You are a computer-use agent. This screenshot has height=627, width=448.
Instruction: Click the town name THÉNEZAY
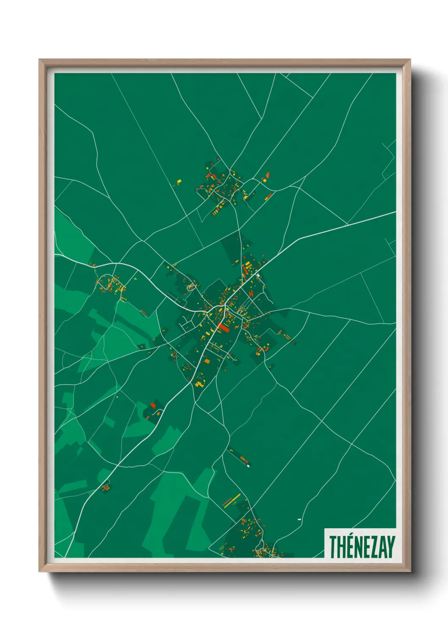tap(362, 547)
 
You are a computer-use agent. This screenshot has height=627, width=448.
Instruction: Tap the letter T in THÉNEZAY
tap(333, 547)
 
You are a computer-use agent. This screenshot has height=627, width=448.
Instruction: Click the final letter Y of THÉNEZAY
tap(391, 547)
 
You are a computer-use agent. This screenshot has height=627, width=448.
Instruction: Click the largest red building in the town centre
tap(223, 327)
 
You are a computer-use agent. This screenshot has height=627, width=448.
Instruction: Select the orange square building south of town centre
tap(207, 361)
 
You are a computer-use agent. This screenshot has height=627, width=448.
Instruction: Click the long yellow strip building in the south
tap(232, 500)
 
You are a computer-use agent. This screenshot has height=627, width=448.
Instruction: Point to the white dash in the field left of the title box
tap(299, 519)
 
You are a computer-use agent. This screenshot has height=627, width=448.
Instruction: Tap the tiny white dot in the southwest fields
tap(117, 397)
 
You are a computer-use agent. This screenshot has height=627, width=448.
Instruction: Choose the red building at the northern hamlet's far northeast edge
tap(268, 175)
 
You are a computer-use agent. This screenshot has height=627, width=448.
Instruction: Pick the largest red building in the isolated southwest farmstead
tap(153, 405)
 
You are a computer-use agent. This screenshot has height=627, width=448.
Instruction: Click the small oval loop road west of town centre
tap(192, 287)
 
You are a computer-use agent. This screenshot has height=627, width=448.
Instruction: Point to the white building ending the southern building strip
tap(248, 466)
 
